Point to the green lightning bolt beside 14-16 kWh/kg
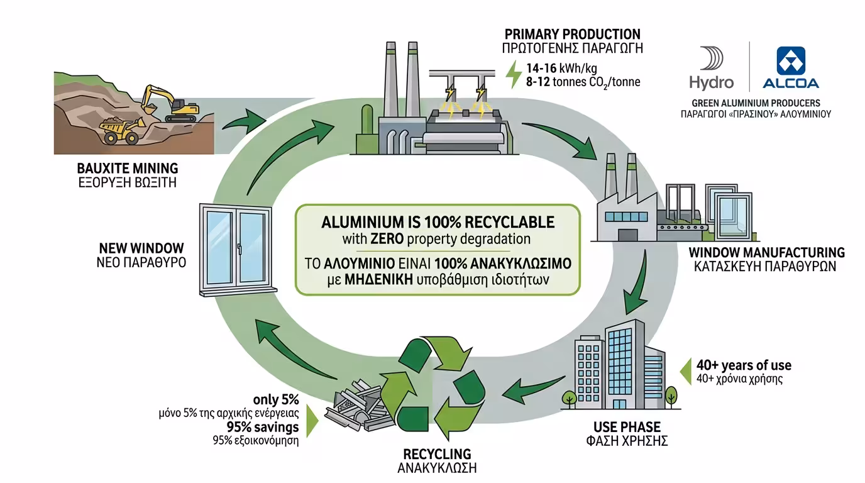[x=514, y=74]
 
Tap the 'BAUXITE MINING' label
[x=128, y=169]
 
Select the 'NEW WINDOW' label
[x=141, y=248]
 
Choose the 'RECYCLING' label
[x=437, y=454]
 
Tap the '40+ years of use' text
[x=743, y=365]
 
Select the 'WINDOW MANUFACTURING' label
[x=766, y=252]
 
